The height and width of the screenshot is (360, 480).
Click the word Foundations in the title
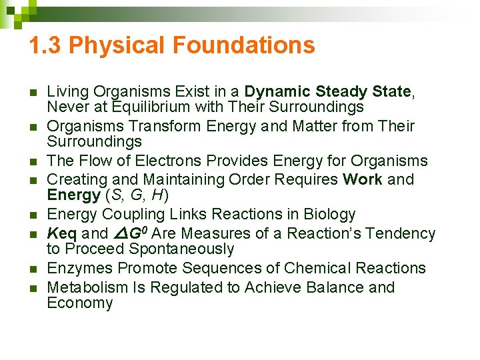pyautogui.click(x=243, y=45)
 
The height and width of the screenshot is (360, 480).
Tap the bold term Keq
pyautogui.click(x=62, y=233)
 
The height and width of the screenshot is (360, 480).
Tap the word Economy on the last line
pyautogui.click(x=79, y=303)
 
